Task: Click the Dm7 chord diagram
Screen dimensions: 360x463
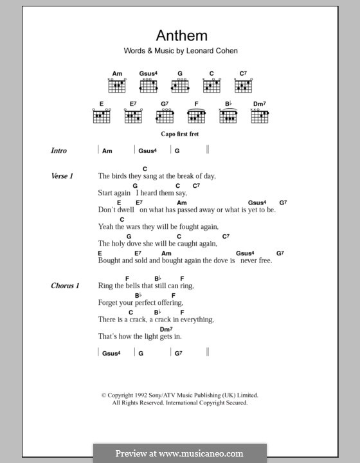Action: (259, 116)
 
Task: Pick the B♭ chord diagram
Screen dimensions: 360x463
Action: (228, 116)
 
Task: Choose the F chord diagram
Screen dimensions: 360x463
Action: (196, 116)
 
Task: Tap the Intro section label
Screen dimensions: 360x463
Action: (59, 150)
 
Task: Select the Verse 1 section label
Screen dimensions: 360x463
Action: (62, 176)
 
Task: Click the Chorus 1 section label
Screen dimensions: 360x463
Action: (65, 285)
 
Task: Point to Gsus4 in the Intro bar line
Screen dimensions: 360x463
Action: (147, 151)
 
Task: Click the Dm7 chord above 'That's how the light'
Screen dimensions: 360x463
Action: (165, 329)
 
